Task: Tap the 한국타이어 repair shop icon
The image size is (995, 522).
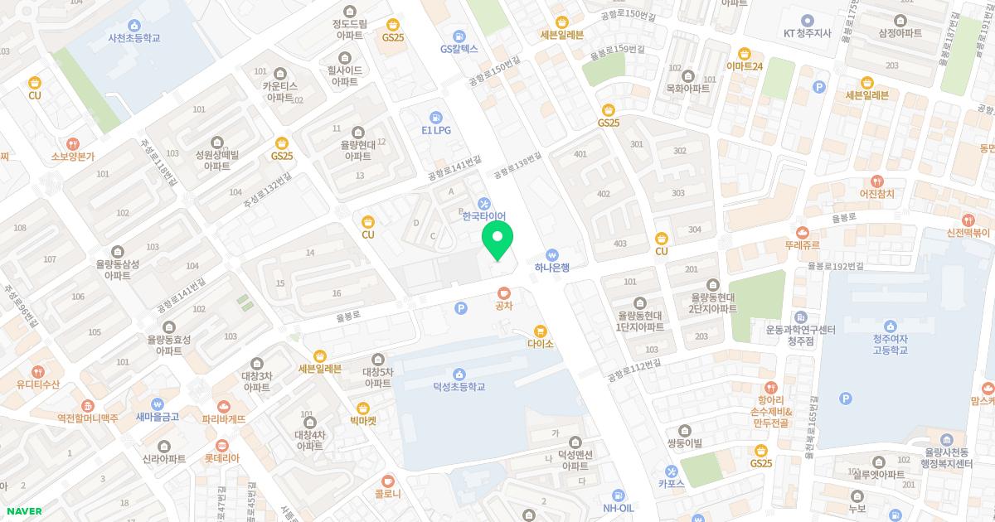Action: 484,203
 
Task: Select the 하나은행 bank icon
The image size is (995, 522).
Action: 552,255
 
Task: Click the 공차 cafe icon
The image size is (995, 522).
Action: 504,292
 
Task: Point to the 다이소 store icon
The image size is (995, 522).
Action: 540,331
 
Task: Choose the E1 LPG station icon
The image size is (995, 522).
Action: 436,118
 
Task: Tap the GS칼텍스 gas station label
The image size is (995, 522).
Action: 459,49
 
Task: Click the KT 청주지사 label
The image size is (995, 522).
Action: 807,33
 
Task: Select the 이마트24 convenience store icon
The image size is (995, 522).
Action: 744,53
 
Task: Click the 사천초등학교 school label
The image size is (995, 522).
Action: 133,38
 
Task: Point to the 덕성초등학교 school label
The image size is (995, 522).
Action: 459,387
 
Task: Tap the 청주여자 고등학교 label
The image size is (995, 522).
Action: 890,344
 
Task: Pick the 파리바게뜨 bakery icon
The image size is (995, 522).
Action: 224,406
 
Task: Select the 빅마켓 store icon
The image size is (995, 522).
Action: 362,408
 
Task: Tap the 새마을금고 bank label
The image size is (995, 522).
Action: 158,417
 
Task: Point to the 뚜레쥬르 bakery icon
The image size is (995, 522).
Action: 802,233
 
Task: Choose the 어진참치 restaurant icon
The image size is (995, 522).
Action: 877,181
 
